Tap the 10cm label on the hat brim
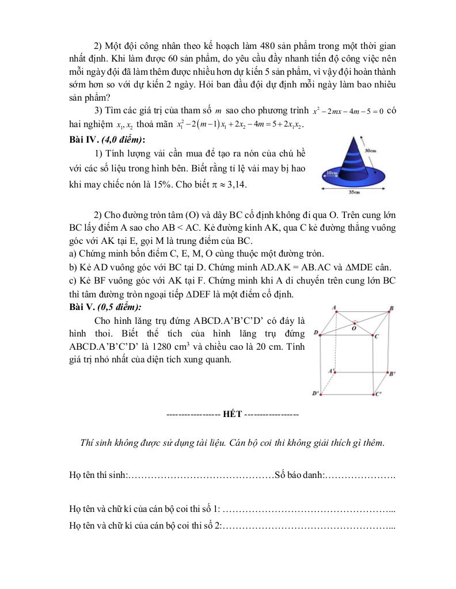[330, 172]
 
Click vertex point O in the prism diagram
[354, 323]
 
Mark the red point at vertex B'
[389, 373]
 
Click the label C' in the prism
[378, 395]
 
